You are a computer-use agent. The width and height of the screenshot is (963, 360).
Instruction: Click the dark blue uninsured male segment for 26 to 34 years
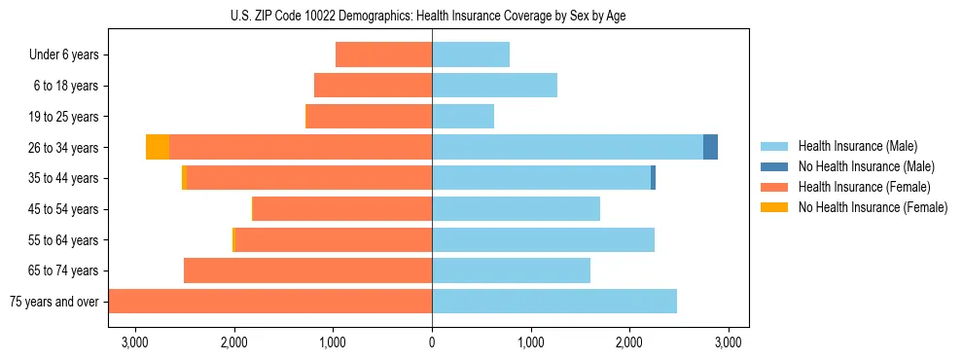pos(710,147)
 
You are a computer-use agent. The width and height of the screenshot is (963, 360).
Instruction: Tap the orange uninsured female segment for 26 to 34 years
pos(158,147)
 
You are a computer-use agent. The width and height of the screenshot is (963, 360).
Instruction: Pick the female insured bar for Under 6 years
pos(383,54)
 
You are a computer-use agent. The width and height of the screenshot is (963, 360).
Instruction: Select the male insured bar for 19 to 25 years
pos(463,117)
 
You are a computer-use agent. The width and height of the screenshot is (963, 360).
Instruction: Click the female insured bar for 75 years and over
pos(270,301)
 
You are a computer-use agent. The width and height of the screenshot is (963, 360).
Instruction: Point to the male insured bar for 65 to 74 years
pos(511,270)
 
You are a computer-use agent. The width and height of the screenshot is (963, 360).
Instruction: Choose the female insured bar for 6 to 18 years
pos(373,86)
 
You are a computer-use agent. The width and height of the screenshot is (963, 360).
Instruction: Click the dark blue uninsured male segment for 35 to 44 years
pos(653,178)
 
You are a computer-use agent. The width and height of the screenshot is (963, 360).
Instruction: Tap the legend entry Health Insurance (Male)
pos(856,146)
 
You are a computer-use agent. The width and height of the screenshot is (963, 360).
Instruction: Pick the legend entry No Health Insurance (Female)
pos(873,207)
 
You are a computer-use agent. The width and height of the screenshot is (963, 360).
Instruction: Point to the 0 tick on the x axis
pos(432,342)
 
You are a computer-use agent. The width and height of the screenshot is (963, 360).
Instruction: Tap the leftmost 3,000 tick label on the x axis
pos(135,342)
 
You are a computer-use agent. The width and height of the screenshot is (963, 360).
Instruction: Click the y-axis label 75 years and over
pos(54,302)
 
